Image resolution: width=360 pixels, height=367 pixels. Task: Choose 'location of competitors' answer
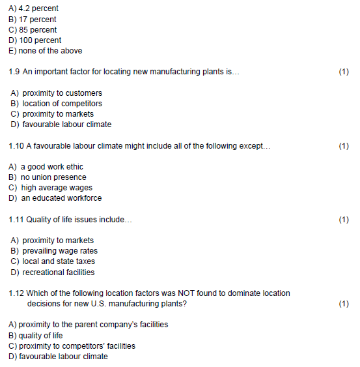point(62,104)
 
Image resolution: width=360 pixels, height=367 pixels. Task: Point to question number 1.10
point(16,146)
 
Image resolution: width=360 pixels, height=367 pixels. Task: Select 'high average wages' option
point(58,188)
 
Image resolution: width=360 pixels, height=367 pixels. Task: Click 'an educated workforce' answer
point(62,198)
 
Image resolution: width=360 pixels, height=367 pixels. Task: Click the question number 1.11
point(16,220)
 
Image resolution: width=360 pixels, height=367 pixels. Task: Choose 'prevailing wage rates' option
point(60,251)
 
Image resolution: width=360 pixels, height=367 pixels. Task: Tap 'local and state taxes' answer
point(59,261)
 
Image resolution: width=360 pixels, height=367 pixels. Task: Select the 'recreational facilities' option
point(59,272)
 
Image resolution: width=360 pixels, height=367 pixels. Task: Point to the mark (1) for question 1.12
point(344,304)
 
